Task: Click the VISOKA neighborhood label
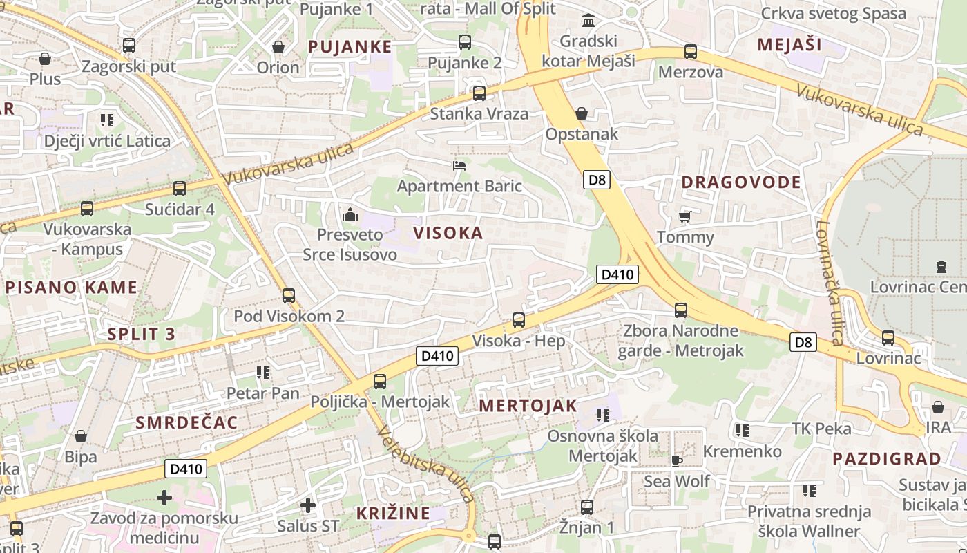pyautogui.click(x=448, y=233)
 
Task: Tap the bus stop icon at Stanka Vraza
pyautogui.click(x=479, y=93)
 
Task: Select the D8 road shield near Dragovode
pyautogui.click(x=597, y=180)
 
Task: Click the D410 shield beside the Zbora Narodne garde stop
pyautogui.click(x=617, y=274)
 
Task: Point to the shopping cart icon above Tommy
pyautogui.click(x=684, y=217)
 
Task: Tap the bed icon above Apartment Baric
pyautogui.click(x=459, y=165)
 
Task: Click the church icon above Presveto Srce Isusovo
pyautogui.click(x=350, y=214)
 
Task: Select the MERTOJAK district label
pyautogui.click(x=528, y=406)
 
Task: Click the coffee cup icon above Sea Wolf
pyautogui.click(x=676, y=460)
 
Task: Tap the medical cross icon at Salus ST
pyautogui.click(x=308, y=505)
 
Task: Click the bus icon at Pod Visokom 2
pyautogui.click(x=289, y=296)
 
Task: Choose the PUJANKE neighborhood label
pyautogui.click(x=350, y=47)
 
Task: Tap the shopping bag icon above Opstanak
pyautogui.click(x=582, y=113)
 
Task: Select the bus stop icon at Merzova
pyautogui.click(x=690, y=52)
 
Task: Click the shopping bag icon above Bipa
pyautogui.click(x=80, y=436)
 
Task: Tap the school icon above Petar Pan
pyautogui.click(x=262, y=373)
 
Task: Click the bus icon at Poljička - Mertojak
pyautogui.click(x=379, y=381)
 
